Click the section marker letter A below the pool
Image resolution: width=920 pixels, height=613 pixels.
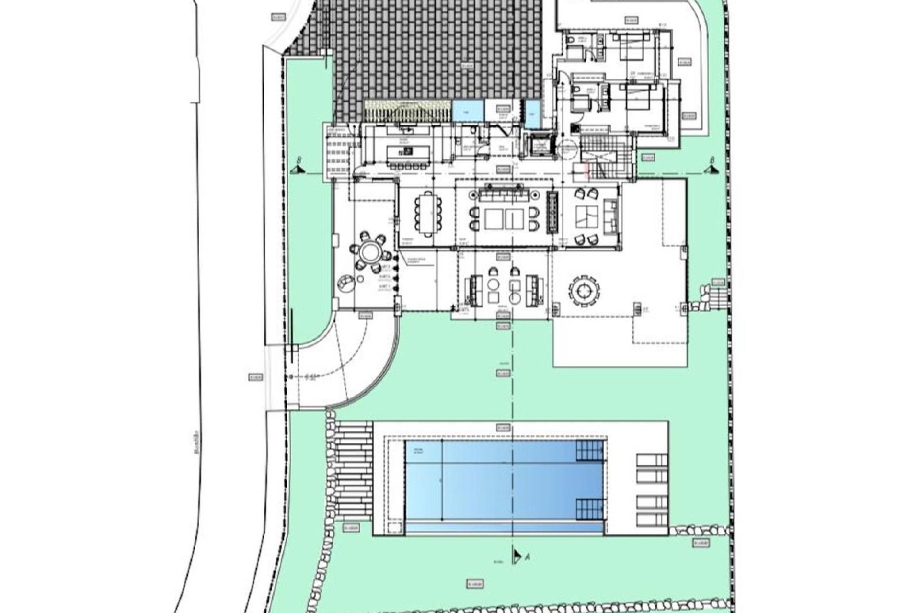[x=528, y=557]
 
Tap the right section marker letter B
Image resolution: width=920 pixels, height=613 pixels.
[x=713, y=160]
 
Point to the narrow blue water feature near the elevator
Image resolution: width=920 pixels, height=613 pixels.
[x=532, y=114]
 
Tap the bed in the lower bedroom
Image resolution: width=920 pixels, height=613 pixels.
[x=637, y=98]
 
